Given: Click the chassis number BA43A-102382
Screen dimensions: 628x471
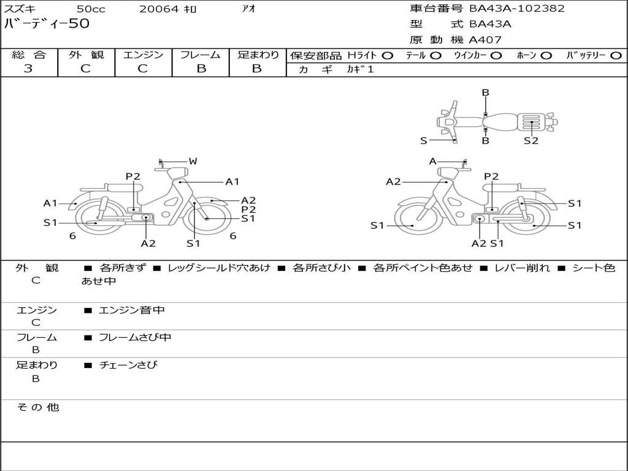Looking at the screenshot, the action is click(x=516, y=9).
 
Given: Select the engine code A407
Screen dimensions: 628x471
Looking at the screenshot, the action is click(x=484, y=40).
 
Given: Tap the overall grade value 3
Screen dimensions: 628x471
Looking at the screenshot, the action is click(x=28, y=69).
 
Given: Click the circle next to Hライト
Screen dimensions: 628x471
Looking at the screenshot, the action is click(x=388, y=56).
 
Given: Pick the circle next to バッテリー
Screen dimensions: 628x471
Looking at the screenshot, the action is click(x=616, y=56).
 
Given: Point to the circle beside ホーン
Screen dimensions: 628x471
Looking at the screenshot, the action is click(x=546, y=56).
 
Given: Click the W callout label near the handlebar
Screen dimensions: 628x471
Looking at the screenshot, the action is click(x=193, y=161).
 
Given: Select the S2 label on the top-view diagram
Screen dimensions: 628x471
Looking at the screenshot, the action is click(x=531, y=140).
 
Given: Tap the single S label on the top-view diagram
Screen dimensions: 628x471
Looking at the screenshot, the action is click(x=424, y=140).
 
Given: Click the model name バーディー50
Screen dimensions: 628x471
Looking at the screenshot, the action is click(x=47, y=24).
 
